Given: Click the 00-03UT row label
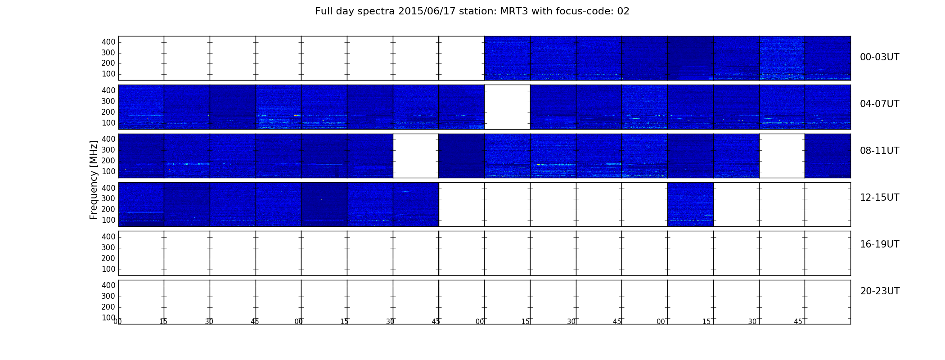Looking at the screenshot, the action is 879,57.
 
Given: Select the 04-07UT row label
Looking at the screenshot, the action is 879,104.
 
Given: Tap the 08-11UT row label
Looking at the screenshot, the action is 879,151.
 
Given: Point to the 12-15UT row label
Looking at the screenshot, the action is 879,198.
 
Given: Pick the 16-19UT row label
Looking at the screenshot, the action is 879,244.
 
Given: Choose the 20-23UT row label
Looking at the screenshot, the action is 880,291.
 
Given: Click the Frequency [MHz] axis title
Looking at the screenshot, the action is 94,180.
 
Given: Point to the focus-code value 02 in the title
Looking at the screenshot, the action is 623,11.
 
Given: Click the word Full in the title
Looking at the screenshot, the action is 323,11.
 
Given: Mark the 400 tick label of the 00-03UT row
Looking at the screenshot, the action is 108,42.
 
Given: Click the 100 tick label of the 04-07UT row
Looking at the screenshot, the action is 108,123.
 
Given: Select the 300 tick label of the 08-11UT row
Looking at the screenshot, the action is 108,150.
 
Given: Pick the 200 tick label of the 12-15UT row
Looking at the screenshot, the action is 108,209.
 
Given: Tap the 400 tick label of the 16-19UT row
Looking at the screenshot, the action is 108,237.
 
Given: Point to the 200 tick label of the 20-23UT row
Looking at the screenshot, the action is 108,307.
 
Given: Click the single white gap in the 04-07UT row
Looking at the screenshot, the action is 507,107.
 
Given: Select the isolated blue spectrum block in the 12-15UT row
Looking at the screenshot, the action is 690,204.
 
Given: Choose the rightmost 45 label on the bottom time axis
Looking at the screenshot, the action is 798,322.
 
